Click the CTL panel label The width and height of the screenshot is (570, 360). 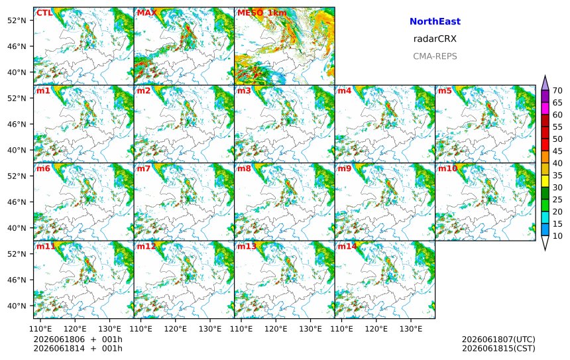(44, 13)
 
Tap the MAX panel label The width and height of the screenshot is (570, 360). (147, 13)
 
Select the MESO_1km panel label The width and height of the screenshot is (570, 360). (262, 13)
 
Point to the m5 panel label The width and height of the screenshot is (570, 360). (444, 91)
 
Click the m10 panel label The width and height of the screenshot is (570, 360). (447, 168)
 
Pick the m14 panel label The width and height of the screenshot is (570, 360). (347, 247)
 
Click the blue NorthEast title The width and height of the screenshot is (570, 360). (435, 21)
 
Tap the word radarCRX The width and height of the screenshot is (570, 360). (435, 39)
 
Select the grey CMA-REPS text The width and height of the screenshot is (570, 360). (435, 56)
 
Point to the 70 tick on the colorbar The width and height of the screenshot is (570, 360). (557, 91)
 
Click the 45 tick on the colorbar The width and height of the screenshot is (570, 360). (557, 151)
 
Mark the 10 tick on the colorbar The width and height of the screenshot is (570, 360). (557, 236)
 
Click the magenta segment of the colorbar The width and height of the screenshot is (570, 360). (545, 109)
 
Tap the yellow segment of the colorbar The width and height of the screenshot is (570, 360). (545, 182)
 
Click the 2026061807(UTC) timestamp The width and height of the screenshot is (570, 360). (498, 339)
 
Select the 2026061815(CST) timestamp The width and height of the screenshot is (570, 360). (498, 348)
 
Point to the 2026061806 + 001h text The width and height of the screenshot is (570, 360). (78, 339)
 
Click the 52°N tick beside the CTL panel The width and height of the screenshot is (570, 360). (17, 20)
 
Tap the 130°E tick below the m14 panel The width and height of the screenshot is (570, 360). (411, 329)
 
